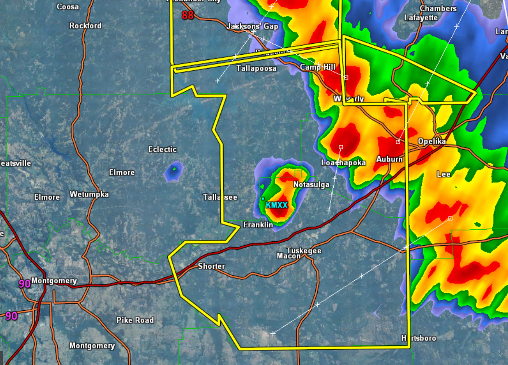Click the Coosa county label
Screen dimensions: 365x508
tap(68, 7)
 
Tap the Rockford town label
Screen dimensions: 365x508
tap(85, 26)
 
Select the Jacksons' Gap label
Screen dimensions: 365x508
tap(253, 26)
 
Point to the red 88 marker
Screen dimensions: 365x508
tap(188, 15)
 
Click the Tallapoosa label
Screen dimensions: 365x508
tap(256, 69)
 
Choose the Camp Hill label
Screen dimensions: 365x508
tap(318, 67)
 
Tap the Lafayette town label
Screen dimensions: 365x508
tap(420, 18)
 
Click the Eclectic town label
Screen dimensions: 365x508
tap(162, 149)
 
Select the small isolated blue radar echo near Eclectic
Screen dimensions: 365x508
tap(173, 171)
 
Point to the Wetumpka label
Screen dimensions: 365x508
tap(89, 194)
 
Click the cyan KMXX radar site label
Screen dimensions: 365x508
tap(277, 205)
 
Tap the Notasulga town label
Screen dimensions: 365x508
tap(312, 185)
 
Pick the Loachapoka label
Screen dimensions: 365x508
tap(343, 163)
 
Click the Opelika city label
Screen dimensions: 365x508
tap(432, 141)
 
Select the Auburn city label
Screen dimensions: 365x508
tap(390, 159)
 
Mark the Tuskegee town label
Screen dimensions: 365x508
tap(304, 251)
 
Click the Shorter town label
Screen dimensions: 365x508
tap(212, 266)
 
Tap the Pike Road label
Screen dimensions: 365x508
tap(135, 320)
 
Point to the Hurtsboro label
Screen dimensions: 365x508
tap(418, 338)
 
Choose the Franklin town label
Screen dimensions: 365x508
tap(258, 225)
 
